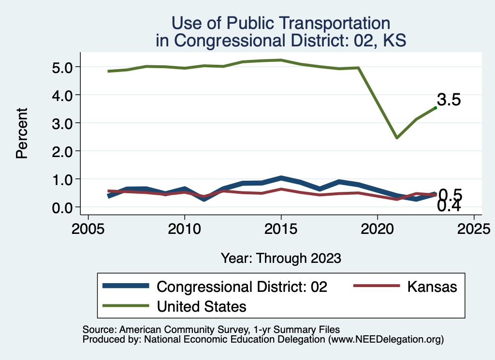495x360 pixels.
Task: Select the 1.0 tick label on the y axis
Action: (x=62, y=179)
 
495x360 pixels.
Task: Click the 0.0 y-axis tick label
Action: (x=62, y=207)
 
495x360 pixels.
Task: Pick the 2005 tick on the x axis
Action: (x=88, y=228)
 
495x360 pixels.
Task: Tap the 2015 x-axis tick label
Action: (x=281, y=228)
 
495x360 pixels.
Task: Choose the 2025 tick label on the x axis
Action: (x=474, y=228)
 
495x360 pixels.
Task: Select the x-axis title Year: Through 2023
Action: (x=281, y=258)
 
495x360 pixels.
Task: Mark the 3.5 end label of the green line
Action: (x=449, y=100)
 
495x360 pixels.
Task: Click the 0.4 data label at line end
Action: (x=449, y=206)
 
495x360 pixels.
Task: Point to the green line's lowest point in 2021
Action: (x=397, y=138)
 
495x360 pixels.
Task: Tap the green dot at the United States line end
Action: (x=436, y=108)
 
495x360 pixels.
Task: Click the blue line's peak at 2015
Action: (x=281, y=178)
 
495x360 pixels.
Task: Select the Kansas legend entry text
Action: (x=432, y=287)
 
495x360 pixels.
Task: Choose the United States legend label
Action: (x=202, y=306)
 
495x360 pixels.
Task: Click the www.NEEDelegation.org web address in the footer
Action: (x=385, y=339)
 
